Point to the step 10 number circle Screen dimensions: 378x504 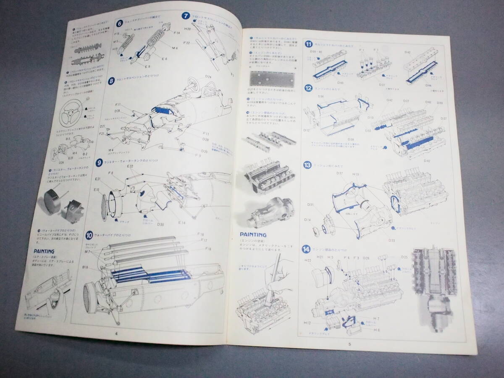89,235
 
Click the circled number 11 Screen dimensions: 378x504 309,44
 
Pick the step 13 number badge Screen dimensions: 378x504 308,165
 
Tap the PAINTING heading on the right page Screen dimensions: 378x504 253,234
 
